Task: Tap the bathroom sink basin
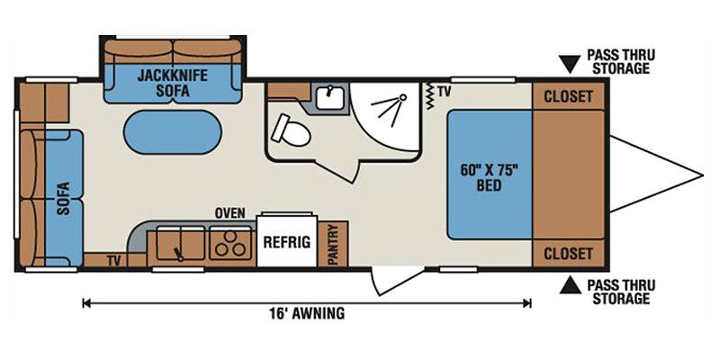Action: coord(329,98)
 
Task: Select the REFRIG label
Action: coord(286,241)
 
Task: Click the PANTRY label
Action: coord(333,244)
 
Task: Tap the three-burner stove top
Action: coord(230,242)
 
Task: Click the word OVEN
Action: coord(230,213)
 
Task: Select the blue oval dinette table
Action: coord(173,131)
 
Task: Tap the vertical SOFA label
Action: coord(63,198)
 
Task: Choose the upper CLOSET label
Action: coord(568,97)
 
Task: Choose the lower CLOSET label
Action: coord(568,254)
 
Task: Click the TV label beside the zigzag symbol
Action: coord(444,92)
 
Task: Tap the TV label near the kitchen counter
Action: coord(113,261)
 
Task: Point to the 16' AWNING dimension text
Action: coord(307,313)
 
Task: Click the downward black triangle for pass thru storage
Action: coord(571,65)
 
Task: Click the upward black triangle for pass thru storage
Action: coord(571,285)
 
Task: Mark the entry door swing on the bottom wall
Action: coord(395,280)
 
